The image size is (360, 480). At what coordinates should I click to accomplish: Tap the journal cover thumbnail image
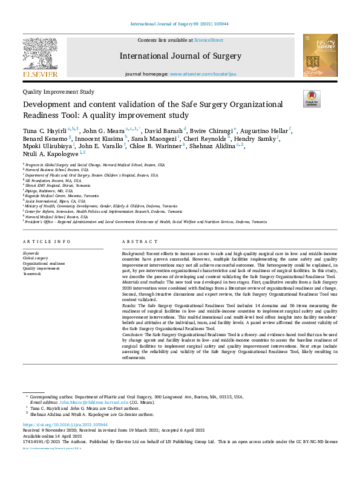pyautogui.click(x=320, y=55)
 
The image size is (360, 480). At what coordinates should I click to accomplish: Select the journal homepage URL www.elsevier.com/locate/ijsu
pyautogui.click(x=208, y=74)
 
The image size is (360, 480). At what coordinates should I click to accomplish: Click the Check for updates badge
pyautogui.click(x=312, y=98)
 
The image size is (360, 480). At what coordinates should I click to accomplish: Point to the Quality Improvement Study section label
pyautogui.click(x=58, y=92)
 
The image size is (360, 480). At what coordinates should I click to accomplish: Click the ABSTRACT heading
pyautogui.click(x=136, y=242)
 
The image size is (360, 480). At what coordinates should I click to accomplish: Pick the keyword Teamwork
pyautogui.click(x=33, y=274)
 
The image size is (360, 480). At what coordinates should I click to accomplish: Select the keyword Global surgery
pyautogui.click(x=36, y=258)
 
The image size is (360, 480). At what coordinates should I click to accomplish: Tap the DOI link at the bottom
pyautogui.click(x=59, y=425)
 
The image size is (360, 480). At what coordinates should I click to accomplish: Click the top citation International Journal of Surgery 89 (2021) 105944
pyautogui.click(x=180, y=24)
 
